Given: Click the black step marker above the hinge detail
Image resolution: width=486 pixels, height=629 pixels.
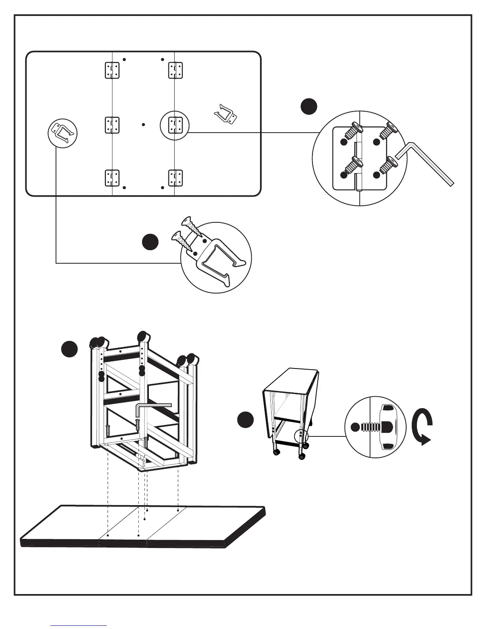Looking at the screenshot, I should click(x=309, y=107).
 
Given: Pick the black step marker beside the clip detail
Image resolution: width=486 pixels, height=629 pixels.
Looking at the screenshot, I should click(x=150, y=242).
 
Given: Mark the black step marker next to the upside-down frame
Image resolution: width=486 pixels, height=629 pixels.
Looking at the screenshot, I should click(x=69, y=349).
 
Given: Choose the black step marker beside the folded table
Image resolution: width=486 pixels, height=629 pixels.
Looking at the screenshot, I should click(x=245, y=420).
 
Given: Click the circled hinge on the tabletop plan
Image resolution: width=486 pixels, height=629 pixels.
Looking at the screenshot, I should click(x=175, y=125).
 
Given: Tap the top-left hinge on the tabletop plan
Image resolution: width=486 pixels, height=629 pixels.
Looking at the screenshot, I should click(x=112, y=70).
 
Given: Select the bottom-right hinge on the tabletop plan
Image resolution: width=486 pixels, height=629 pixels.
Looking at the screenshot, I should click(x=175, y=178).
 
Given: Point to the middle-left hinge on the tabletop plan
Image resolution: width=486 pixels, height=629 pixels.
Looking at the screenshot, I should click(x=112, y=125).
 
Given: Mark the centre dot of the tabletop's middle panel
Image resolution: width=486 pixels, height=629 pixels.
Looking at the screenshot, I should click(x=143, y=125).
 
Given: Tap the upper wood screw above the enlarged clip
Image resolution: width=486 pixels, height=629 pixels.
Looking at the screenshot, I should click(x=189, y=225).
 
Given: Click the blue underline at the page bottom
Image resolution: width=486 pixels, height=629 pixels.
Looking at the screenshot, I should click(x=79, y=626).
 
